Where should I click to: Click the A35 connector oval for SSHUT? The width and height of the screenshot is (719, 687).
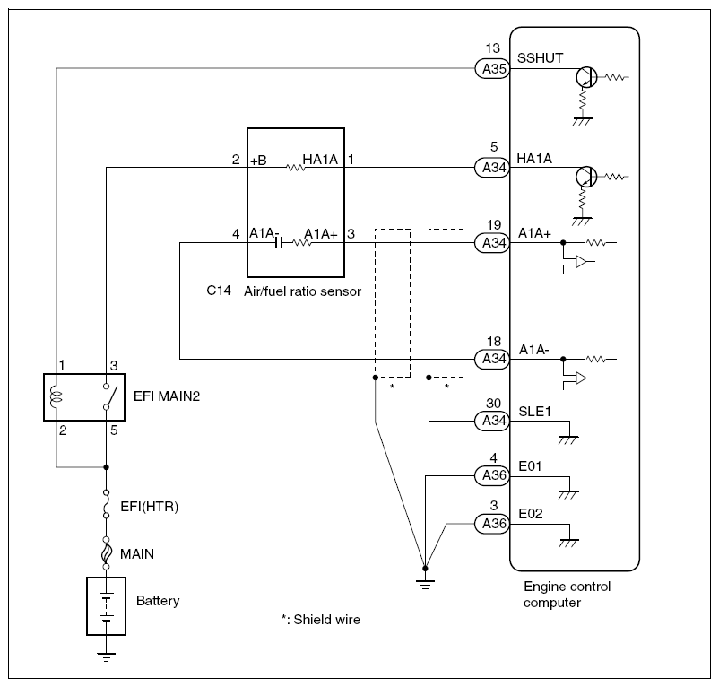[x=491, y=68]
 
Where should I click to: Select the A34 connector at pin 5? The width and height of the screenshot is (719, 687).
[x=491, y=167]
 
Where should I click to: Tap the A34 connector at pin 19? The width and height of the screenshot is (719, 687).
[x=491, y=242]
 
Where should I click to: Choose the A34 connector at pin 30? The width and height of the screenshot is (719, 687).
[x=491, y=421]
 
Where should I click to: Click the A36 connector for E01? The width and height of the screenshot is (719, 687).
[x=491, y=475]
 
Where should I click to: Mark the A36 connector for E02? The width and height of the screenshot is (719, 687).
[x=491, y=523]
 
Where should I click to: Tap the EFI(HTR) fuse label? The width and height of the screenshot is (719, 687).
[x=150, y=508]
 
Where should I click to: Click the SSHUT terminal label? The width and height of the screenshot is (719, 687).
[x=540, y=58]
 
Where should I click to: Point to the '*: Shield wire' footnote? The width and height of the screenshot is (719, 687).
[x=320, y=620]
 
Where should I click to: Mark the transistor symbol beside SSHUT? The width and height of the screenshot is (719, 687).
[x=586, y=78]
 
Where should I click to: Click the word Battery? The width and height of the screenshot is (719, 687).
[x=158, y=601]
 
